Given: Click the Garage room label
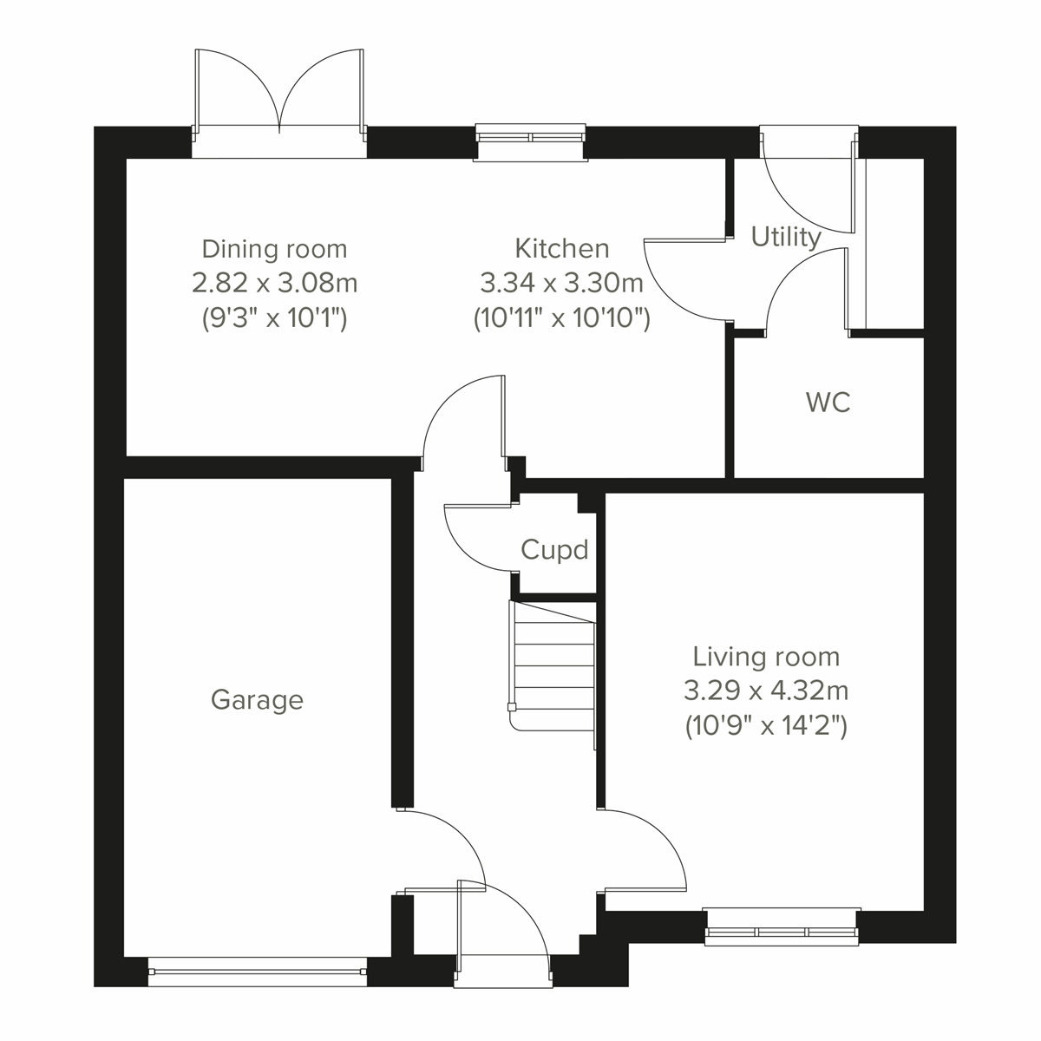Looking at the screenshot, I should click(257, 700).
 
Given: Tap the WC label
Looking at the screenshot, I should click(828, 403).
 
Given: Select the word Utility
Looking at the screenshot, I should click(786, 237).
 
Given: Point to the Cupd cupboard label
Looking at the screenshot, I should click(554, 549).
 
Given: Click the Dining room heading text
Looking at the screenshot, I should click(274, 249).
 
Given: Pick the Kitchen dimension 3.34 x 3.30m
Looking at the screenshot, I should click(561, 283).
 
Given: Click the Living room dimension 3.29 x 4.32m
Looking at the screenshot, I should click(766, 691).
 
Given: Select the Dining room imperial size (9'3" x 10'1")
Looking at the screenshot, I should click(274, 318).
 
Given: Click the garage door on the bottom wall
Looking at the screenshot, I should click(257, 972).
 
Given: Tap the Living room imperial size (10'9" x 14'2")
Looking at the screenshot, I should click(766, 725).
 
